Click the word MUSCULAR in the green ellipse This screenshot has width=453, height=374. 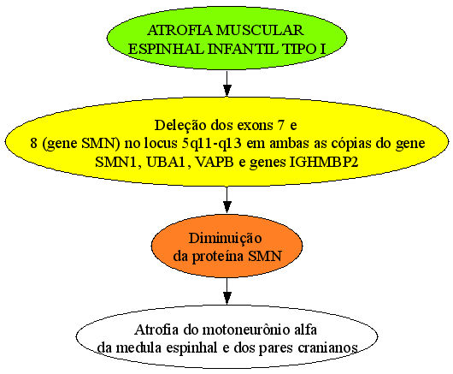tap(260, 30)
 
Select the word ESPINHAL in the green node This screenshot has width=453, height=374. tap(166, 49)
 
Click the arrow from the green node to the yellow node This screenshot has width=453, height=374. tap(227, 83)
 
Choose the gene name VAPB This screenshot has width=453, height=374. tap(215, 162)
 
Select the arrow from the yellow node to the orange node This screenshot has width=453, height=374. tap(227, 199)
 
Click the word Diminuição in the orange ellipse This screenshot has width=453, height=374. tap(226, 239)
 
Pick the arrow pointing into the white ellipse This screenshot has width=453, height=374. tap(227, 291)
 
